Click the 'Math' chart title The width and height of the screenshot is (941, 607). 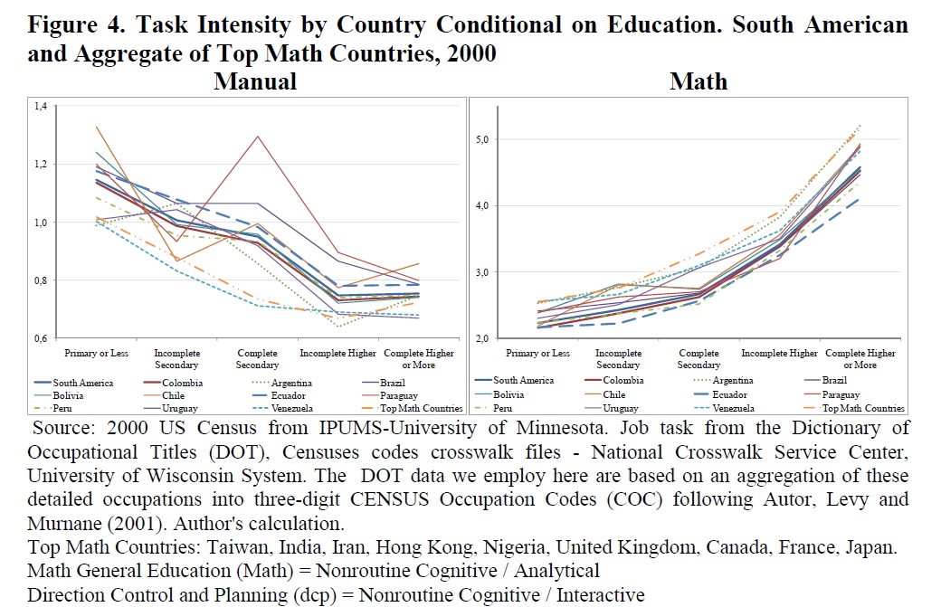point(699,81)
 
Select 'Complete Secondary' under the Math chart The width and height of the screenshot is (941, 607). point(699,358)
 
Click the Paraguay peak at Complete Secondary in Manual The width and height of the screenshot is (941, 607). point(258,137)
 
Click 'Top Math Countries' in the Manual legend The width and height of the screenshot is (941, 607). point(431,409)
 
